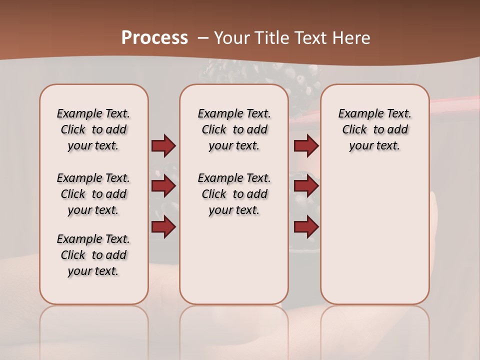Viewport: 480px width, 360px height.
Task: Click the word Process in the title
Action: (154, 37)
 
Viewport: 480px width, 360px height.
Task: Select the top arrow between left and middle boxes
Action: (163, 146)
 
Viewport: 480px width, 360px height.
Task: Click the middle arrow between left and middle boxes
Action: (163, 186)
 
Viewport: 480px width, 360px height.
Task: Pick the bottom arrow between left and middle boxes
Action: (163, 227)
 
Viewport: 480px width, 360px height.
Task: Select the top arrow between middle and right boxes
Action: (306, 146)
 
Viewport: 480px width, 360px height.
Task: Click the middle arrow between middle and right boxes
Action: (306, 186)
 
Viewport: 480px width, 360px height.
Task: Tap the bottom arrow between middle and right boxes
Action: (306, 227)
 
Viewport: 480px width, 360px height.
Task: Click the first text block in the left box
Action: (93, 129)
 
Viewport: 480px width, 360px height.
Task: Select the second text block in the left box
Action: (93, 194)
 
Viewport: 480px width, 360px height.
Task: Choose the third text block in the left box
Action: (93, 255)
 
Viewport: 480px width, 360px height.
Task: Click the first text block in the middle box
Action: (234, 129)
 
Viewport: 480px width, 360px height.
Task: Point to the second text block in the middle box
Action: (234, 194)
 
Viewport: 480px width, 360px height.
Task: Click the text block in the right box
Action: (374, 129)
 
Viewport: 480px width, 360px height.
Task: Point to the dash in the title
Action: (203, 38)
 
